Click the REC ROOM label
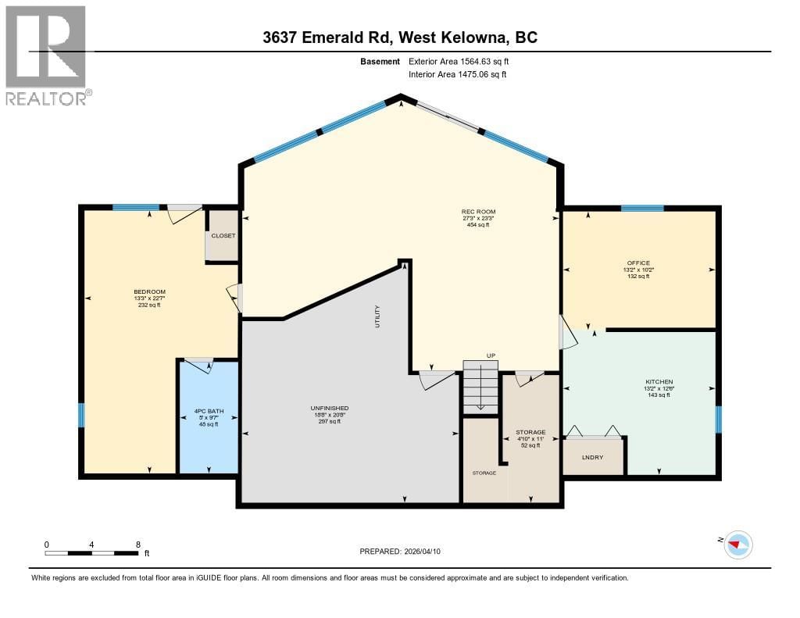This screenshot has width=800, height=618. (478, 212)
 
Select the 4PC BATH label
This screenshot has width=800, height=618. (209, 411)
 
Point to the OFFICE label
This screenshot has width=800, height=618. (638, 263)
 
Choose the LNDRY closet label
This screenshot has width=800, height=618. (593, 457)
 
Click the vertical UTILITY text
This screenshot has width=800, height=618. (377, 316)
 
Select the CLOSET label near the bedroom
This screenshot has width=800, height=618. (223, 235)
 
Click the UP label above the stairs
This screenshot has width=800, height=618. (491, 355)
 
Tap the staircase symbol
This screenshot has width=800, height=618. (480, 388)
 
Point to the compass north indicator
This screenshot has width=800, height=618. (737, 545)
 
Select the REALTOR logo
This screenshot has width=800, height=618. (47, 55)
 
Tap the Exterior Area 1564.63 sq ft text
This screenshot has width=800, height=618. (460, 61)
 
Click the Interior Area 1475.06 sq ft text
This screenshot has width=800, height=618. (458, 74)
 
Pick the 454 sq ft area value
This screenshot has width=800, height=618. (478, 225)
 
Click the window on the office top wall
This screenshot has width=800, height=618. (642, 208)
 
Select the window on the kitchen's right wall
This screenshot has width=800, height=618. (719, 419)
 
